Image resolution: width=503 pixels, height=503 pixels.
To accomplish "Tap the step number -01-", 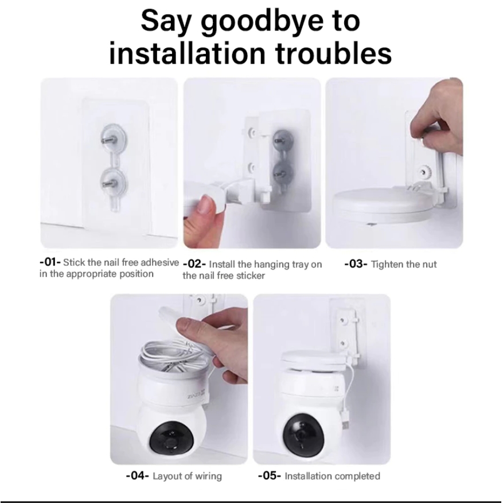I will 50,262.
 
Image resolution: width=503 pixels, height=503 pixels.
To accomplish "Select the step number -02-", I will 194,265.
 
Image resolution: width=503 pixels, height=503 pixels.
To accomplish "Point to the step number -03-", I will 356,264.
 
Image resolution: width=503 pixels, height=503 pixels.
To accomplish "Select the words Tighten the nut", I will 404,264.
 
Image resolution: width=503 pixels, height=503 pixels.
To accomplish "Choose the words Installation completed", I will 332,476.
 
